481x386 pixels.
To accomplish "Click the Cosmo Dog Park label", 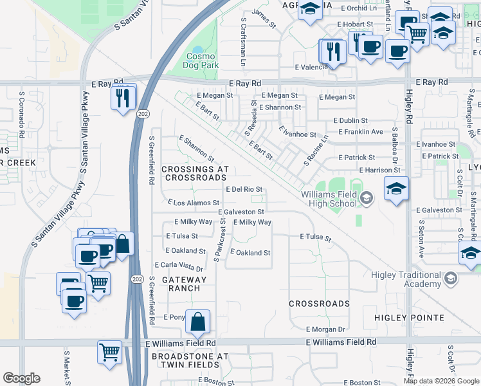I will [203, 60].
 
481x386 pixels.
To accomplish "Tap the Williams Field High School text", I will [328, 199].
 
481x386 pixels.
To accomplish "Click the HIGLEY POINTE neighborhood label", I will [410, 318].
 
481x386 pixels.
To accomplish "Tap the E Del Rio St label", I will [244, 189].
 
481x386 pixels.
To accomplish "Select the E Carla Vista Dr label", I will [179, 265].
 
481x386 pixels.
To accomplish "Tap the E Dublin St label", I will [350, 120].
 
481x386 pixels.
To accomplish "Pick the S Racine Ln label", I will [316, 149].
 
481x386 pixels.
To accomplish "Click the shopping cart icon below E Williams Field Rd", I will [109, 352].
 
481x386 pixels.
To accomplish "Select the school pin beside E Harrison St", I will [396, 188].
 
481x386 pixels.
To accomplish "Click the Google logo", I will [21, 378].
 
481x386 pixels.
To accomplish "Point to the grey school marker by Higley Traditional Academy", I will [450, 279].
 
